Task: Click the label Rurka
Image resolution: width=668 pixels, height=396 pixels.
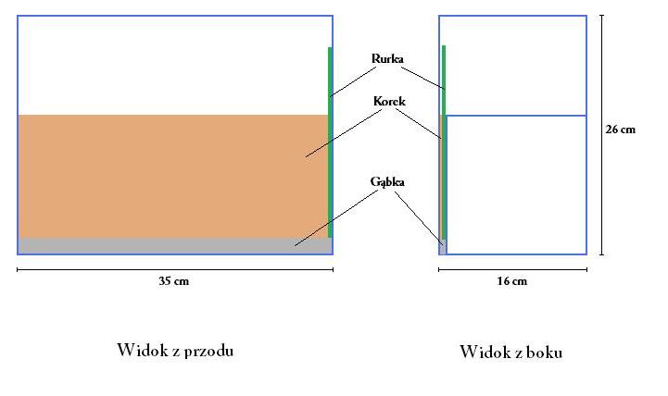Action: click(x=387, y=59)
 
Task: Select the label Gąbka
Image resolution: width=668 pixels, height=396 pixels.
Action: click(x=387, y=182)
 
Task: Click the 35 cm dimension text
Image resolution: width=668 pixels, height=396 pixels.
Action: click(x=175, y=281)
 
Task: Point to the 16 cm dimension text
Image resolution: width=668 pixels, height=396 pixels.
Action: click(x=512, y=281)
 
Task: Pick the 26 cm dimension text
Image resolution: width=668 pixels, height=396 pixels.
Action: click(x=621, y=130)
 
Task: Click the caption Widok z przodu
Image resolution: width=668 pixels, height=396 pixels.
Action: click(x=175, y=350)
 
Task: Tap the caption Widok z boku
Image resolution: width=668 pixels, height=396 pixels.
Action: click(x=511, y=352)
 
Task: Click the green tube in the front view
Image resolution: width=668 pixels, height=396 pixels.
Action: click(x=330, y=139)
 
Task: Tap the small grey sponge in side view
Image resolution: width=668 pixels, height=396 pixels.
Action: click(x=442, y=247)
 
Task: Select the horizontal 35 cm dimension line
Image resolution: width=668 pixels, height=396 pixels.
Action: click(x=93, y=269)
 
